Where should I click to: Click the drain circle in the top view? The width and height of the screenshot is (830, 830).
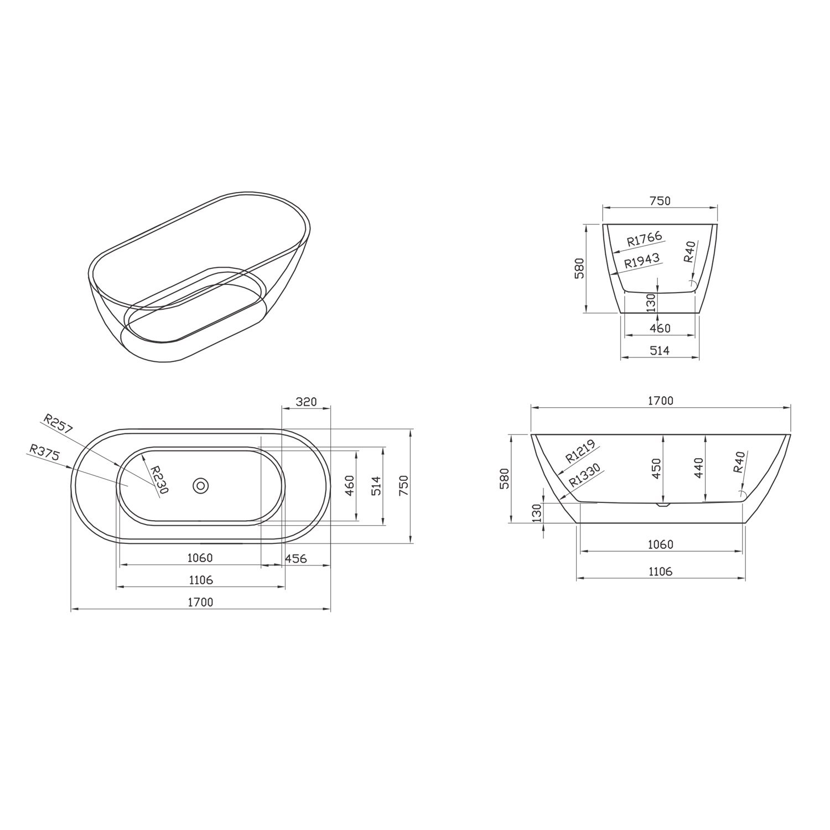(x=201, y=486)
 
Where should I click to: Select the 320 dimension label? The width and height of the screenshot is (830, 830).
(x=306, y=401)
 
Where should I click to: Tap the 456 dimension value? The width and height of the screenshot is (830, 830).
(x=295, y=558)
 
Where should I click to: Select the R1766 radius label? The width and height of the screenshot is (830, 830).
(x=645, y=239)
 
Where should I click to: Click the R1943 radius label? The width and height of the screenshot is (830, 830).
(x=642, y=261)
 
